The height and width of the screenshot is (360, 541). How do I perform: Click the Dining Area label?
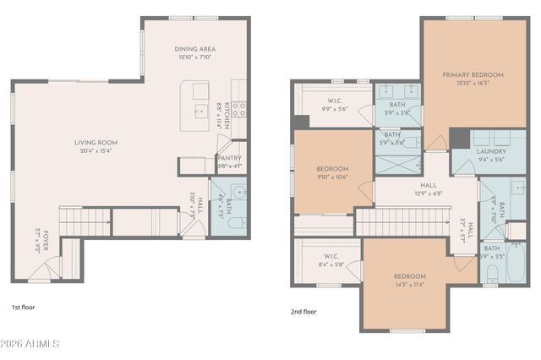click(x=194, y=49)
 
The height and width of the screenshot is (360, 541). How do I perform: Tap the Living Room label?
click(x=94, y=143)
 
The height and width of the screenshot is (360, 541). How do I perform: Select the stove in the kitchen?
click(x=240, y=108)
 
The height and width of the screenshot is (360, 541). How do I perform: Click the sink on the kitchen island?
click(x=200, y=110)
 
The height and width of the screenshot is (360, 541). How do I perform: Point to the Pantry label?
click(x=229, y=157)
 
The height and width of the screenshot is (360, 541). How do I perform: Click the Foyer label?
click(x=38, y=242)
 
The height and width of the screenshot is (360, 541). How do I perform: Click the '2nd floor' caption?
click(x=303, y=312)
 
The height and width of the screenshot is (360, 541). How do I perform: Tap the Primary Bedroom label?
click(x=473, y=75)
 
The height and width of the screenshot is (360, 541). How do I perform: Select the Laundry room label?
click(x=491, y=152)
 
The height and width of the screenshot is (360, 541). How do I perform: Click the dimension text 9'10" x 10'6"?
click(x=333, y=177)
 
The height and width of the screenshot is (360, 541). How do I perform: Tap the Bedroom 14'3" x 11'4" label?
click(x=409, y=276)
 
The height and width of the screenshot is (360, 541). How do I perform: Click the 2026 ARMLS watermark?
click(x=31, y=344)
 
